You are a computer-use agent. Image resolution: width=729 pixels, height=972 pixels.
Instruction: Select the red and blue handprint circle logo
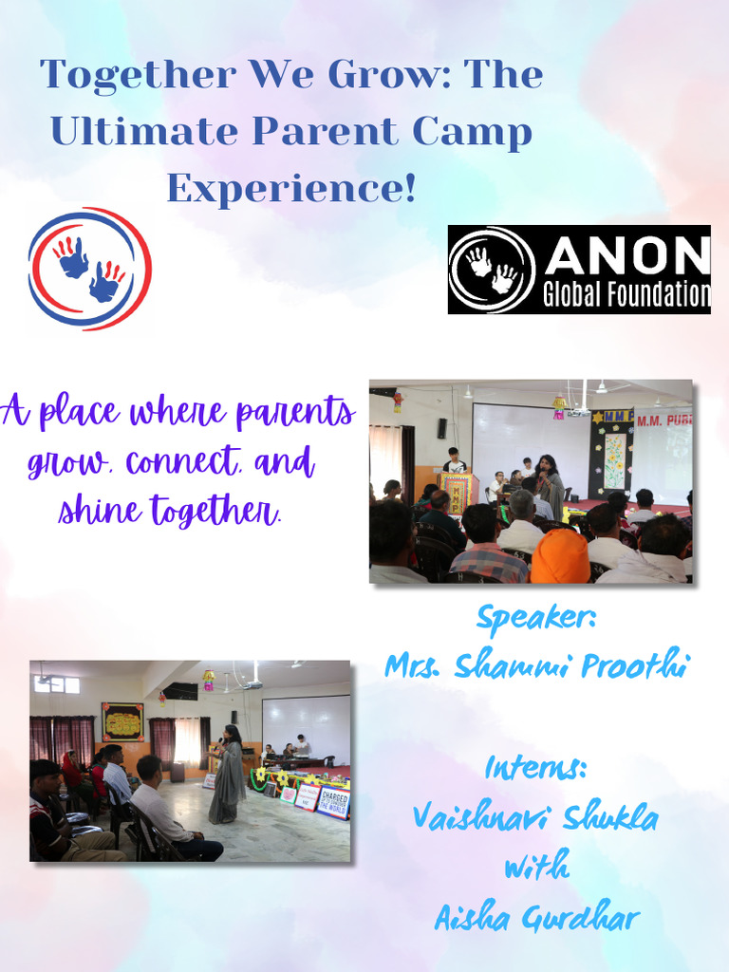tap(89, 269)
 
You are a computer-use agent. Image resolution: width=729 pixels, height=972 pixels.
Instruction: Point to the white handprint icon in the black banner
tap(492, 270)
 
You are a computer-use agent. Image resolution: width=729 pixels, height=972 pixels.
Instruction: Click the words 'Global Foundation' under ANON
tap(626, 295)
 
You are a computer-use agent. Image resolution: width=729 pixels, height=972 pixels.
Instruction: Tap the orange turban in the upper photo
tap(560, 557)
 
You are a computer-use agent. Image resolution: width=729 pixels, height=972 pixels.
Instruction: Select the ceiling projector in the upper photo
tap(578, 409)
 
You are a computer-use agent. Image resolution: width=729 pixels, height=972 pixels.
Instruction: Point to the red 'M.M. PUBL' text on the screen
tap(664, 420)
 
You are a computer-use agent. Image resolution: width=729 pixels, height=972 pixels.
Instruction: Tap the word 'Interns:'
tap(535, 767)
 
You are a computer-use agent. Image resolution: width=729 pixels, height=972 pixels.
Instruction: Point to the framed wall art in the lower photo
tap(122, 722)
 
